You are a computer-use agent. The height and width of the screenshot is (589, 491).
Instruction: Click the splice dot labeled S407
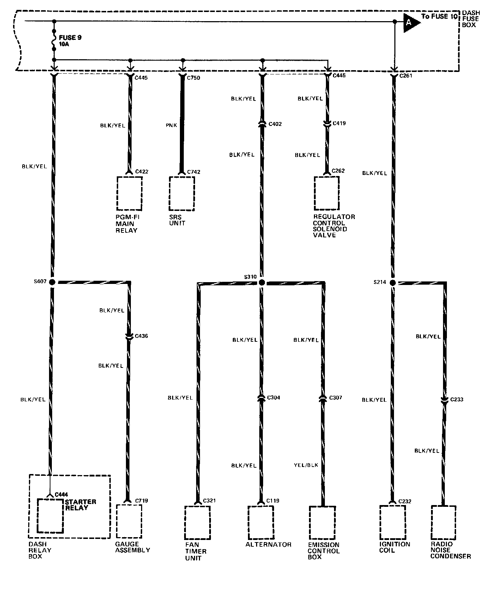[52, 282]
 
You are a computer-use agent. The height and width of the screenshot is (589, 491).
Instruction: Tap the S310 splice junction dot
[261, 282]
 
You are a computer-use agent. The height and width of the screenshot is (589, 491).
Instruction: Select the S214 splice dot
[393, 283]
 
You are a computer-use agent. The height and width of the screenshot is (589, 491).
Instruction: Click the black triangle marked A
[410, 23]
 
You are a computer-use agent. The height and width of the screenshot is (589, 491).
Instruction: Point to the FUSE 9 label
[70, 37]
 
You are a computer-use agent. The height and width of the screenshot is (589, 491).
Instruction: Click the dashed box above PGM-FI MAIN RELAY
[129, 193]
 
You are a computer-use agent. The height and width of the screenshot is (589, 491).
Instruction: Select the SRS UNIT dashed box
[182, 193]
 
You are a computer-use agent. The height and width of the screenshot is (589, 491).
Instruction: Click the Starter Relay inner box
[51, 515]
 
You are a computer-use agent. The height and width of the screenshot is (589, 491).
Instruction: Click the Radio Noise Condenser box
[444, 522]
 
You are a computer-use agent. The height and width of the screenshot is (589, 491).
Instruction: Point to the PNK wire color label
[172, 125]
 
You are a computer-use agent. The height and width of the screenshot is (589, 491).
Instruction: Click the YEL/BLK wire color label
[306, 465]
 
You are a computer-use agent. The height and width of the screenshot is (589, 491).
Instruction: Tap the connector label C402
[275, 124]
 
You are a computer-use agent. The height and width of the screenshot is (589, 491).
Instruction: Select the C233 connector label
[457, 400]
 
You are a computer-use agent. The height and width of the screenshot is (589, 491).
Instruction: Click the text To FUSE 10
[440, 16]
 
